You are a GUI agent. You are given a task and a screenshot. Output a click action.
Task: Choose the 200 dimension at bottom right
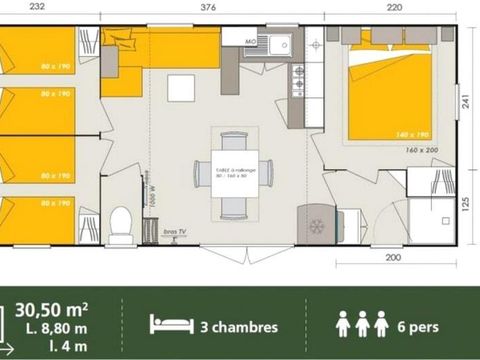click(x=394, y=257)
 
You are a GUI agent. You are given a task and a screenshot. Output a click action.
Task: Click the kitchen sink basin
click(x=276, y=43)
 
